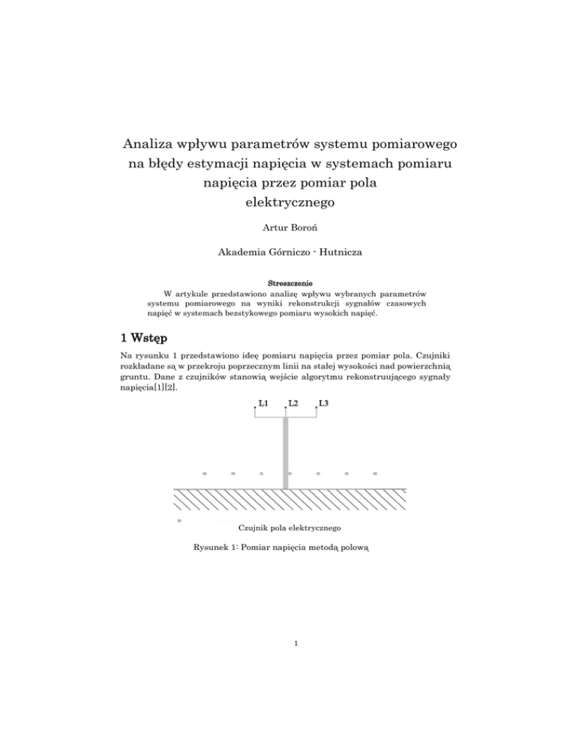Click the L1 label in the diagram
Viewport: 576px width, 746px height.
pos(263,404)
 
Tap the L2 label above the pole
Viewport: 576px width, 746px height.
pos(292,404)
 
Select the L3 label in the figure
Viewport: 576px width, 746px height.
pos(323,404)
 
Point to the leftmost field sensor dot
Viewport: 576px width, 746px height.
pos(205,474)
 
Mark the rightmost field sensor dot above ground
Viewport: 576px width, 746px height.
pos(375,474)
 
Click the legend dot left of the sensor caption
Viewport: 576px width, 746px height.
pos(178,519)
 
